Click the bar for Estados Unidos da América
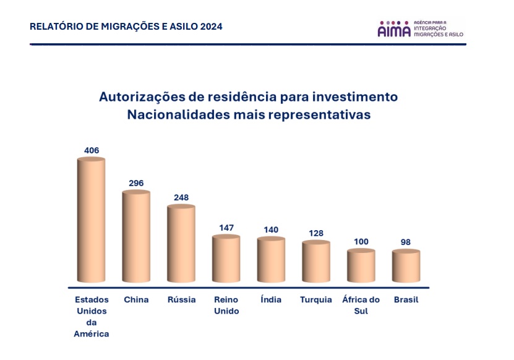click(91, 221)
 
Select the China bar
click(136, 237)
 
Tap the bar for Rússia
click(181, 244)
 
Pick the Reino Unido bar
click(226, 259)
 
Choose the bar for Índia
click(271, 260)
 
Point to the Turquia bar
click(316, 262)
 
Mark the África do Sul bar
click(361, 266)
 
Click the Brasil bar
click(406, 266)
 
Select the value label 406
click(92, 150)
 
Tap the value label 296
click(136, 183)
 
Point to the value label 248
click(181, 197)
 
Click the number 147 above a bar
click(226, 228)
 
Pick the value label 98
click(406, 242)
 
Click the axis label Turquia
click(316, 300)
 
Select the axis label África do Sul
click(361, 306)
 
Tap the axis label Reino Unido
click(226, 306)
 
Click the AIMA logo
click(420, 28)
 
